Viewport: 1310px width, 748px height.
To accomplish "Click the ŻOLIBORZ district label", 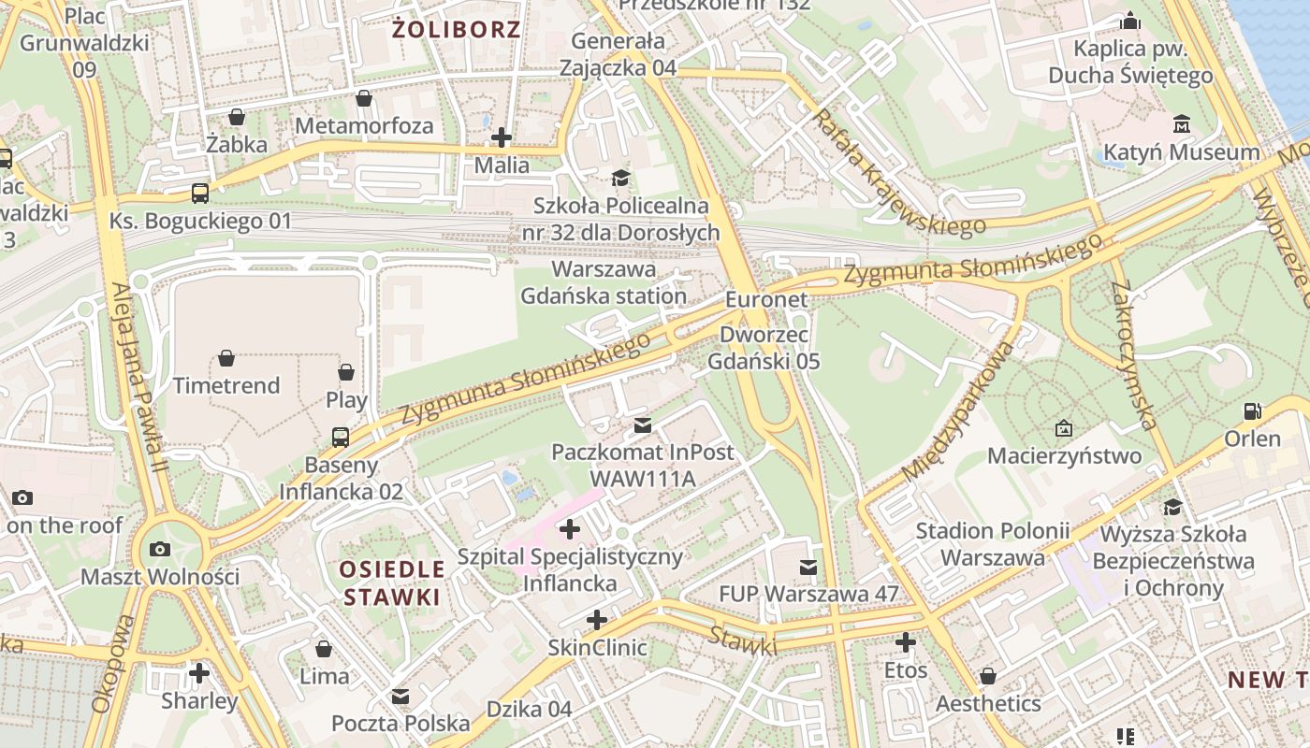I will [x=456, y=29].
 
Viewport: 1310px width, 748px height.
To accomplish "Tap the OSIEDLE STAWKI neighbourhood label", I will [x=391, y=583].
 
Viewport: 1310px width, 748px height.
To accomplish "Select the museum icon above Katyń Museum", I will [x=1181, y=124].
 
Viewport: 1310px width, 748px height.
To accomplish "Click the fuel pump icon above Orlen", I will [x=1252, y=411].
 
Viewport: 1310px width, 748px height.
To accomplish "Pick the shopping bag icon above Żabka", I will [x=237, y=117].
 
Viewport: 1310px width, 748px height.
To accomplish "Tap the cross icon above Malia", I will [x=502, y=137].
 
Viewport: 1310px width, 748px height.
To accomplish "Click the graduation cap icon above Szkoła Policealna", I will [x=620, y=178].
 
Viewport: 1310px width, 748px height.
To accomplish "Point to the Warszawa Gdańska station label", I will [x=618, y=282].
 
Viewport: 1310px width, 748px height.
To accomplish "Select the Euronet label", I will [x=766, y=300].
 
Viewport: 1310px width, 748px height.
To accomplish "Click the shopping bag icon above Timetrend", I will [x=226, y=358].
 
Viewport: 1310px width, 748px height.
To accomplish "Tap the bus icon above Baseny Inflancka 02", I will [x=341, y=437].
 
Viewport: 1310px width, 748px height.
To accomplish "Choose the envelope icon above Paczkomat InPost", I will [x=642, y=425].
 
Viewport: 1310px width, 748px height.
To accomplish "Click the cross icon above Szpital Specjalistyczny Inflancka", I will [x=569, y=529].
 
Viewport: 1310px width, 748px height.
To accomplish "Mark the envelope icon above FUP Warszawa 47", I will [x=808, y=567].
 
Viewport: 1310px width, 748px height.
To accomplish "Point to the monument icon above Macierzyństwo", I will [x=1064, y=428].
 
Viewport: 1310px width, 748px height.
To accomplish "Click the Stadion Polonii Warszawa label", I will [x=992, y=544].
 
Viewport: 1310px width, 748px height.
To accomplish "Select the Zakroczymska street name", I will [x=1135, y=355].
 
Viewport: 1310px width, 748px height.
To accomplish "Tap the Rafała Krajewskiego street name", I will [x=899, y=173].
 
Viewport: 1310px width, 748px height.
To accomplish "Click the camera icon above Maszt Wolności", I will [x=160, y=549].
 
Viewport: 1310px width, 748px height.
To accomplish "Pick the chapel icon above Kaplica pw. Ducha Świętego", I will [x=1130, y=21].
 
